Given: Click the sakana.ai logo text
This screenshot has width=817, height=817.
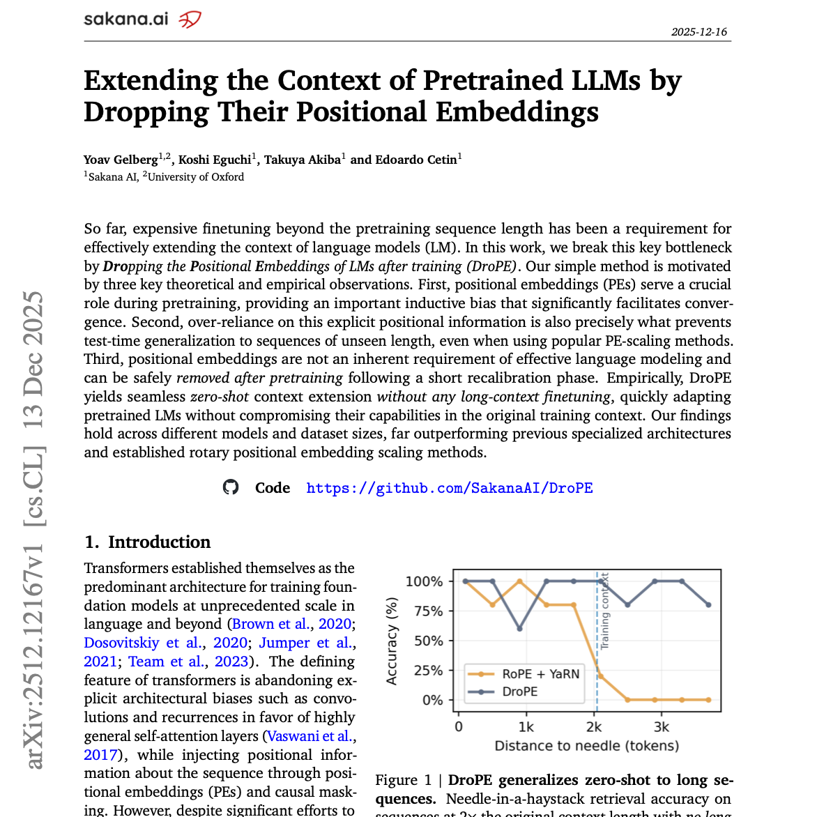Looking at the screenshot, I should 126,19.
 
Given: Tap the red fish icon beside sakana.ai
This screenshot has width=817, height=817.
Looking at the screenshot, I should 190,20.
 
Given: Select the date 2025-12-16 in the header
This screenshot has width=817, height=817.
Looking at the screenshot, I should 698,32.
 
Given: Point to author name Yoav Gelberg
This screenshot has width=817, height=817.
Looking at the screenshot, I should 121,160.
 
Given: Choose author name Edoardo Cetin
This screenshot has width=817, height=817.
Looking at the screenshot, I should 415,160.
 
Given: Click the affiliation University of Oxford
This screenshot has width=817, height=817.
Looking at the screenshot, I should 196,177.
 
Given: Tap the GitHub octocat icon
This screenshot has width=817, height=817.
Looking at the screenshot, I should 231,487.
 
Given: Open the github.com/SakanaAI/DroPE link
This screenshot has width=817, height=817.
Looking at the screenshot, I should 450,488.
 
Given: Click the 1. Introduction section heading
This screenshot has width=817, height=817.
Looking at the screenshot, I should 147,542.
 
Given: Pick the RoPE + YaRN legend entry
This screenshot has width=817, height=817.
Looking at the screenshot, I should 540,674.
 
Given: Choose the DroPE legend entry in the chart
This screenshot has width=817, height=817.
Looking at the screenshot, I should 520,692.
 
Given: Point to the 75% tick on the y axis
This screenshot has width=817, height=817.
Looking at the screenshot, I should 429,611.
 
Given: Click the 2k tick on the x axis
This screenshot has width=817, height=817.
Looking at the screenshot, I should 594,727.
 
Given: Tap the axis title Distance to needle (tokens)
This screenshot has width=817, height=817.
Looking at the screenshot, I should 586,746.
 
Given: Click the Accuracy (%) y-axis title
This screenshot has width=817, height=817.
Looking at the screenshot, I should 392,641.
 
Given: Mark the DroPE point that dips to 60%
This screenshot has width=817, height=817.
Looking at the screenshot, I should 519,629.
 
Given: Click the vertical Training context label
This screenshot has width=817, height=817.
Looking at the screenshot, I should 605,611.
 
